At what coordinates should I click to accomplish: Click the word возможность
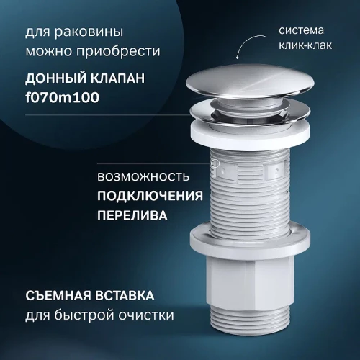tap(143, 176)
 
